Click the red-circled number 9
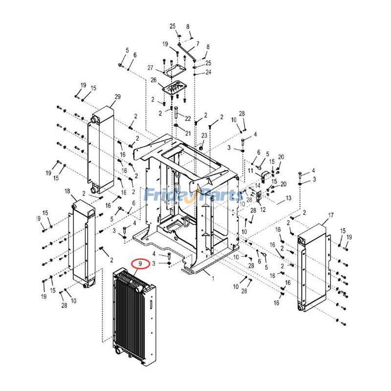pyautogui.click(x=141, y=264)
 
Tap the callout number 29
pyautogui.click(x=117, y=96)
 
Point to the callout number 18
pyautogui.click(x=67, y=191)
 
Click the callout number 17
pyautogui.click(x=330, y=216)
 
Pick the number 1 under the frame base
pyautogui.click(x=213, y=279)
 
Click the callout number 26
pyautogui.click(x=153, y=80)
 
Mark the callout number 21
pyautogui.click(x=188, y=132)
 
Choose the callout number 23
pyautogui.click(x=204, y=135)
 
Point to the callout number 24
pyautogui.click(x=208, y=72)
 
